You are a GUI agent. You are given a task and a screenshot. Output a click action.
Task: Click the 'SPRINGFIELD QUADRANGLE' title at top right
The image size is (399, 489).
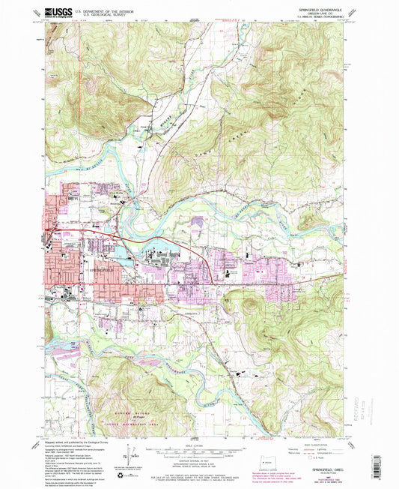(324, 9)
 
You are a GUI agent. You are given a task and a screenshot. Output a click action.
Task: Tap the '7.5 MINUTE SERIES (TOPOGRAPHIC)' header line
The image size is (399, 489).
(324, 18)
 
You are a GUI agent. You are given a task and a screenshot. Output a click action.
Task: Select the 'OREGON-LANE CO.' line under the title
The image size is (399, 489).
(324, 13)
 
